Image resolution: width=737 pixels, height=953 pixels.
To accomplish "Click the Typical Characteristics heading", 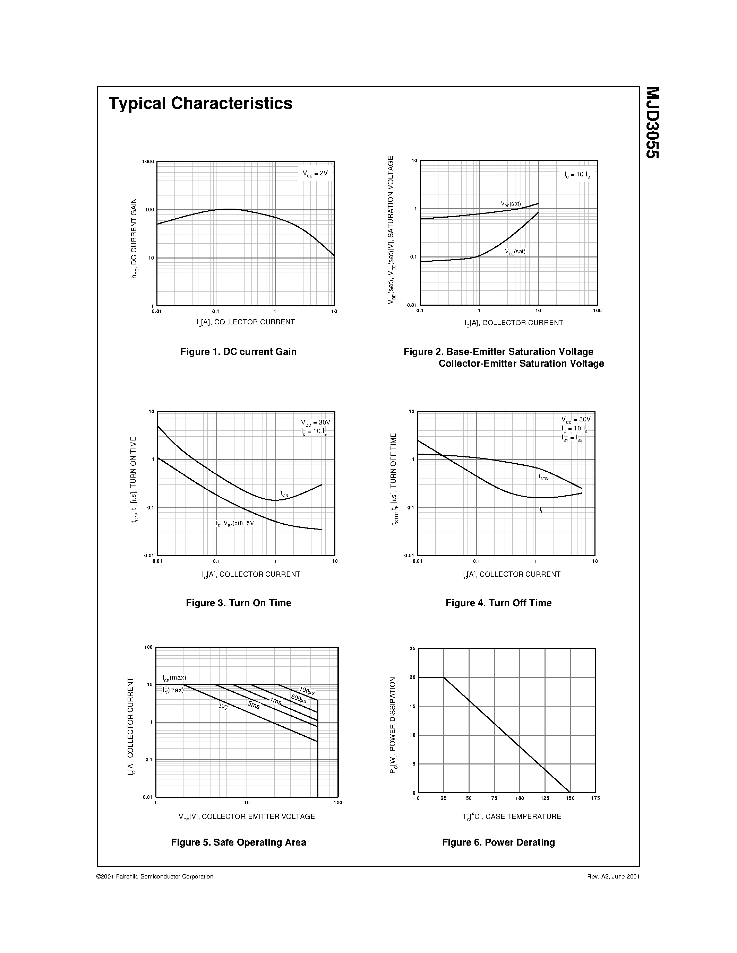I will coord(200,103).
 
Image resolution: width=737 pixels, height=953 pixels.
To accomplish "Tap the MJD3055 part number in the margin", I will coord(652,123).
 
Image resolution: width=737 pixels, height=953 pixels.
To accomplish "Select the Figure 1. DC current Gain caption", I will coord(238,352).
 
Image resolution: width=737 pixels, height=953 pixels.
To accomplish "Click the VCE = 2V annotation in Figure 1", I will coord(315,174).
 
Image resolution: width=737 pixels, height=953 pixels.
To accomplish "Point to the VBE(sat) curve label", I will coord(511,204).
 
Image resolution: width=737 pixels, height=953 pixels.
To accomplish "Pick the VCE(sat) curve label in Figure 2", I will coord(515,252).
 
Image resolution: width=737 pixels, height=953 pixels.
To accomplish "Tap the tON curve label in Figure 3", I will coord(284,493).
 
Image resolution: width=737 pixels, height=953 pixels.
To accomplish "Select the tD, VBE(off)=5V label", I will coord(234,523).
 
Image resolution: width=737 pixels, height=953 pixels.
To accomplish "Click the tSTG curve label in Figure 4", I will coord(543,478).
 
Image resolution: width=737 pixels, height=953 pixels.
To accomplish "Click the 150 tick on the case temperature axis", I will coord(570,798).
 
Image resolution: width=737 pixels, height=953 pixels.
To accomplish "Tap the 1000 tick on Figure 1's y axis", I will coord(148,162).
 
